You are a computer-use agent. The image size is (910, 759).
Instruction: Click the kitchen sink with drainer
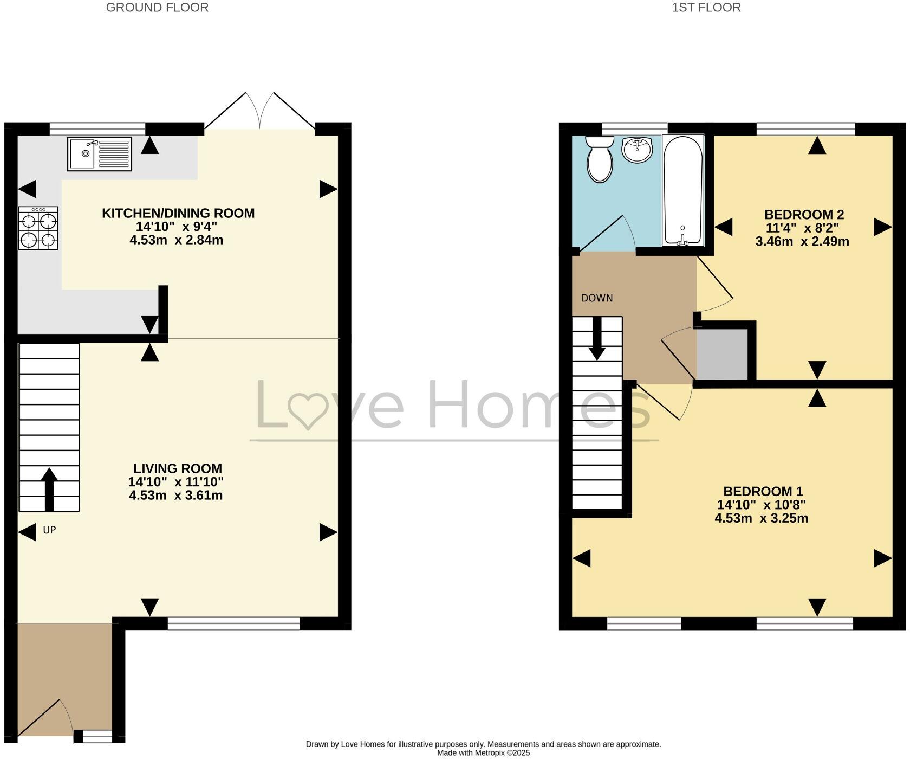point(100,153)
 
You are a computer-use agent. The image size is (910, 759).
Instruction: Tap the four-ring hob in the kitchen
point(38,228)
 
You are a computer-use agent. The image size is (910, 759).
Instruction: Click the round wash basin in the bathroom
point(638,150)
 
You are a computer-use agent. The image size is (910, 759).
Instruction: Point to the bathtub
point(682,191)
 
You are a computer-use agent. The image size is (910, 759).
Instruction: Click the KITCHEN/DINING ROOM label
point(178,213)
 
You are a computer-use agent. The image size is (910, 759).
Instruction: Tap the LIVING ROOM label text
point(178,468)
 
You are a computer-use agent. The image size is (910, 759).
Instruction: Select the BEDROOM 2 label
point(804,215)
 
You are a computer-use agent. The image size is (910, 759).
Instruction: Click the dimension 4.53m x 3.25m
point(761,518)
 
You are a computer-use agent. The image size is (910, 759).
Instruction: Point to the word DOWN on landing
point(597,298)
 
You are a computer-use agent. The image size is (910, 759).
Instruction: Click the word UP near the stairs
point(49,530)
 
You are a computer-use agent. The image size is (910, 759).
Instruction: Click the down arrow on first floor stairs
point(597,339)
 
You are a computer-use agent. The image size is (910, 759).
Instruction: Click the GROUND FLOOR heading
point(157,8)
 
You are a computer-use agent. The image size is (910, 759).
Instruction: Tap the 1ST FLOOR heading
point(706,8)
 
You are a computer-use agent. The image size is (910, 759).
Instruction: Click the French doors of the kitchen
point(260,111)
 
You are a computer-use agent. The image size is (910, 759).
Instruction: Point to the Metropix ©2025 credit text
point(483,752)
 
